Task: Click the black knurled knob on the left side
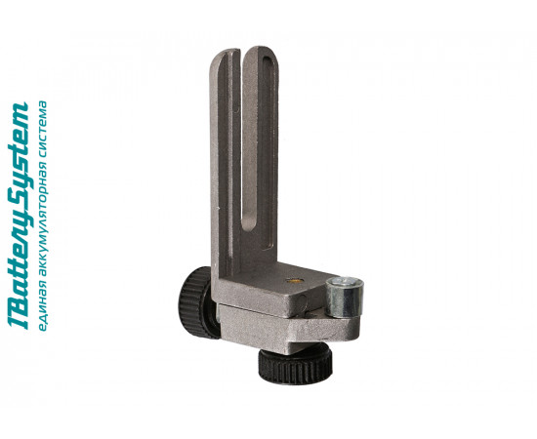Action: click(x=196, y=301)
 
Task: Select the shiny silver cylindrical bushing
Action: click(x=344, y=298)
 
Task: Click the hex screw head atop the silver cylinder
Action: click(x=345, y=282)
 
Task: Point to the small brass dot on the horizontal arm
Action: click(x=294, y=281)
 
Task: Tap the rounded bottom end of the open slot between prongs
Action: click(x=248, y=224)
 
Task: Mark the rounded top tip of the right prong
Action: click(x=260, y=49)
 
